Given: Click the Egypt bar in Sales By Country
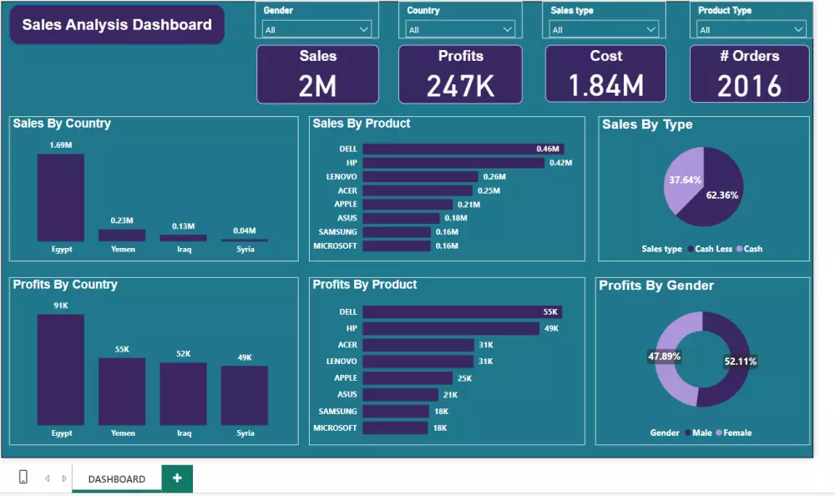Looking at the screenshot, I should coord(60,198).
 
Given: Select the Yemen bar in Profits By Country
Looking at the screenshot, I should coord(122,391).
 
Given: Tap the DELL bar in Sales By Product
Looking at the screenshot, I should coord(451,149).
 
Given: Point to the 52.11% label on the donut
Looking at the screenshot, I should coord(741,362).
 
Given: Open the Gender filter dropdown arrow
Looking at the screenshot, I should coord(364,29).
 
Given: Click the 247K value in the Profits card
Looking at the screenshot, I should coord(460,85).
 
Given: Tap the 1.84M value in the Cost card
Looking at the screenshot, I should coord(606,85).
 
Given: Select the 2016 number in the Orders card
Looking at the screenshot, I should coord(749,85).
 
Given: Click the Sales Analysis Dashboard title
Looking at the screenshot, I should coord(117,25).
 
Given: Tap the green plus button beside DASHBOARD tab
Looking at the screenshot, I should coord(177,478).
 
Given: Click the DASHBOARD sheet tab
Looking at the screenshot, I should coord(117,479).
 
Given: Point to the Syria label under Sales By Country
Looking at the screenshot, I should coord(245,249).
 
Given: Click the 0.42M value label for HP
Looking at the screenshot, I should coord(560,163).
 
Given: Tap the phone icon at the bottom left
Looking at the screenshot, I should coord(23,478).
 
